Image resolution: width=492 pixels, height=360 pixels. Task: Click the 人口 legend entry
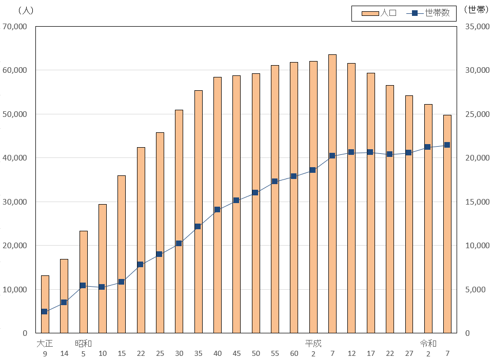click(x=379, y=13)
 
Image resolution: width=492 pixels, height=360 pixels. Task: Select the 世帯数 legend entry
click(x=428, y=13)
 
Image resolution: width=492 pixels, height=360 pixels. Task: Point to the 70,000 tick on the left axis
click(x=15, y=27)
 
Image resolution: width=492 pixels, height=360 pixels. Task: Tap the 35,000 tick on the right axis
click(x=477, y=27)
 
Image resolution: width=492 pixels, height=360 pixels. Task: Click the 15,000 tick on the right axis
click(x=477, y=202)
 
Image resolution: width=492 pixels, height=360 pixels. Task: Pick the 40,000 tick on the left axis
click(x=15, y=158)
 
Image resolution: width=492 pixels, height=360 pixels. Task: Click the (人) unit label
click(x=26, y=11)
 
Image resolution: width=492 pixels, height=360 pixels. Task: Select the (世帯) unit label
click(x=476, y=10)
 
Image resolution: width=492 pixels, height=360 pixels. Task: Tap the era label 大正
click(x=45, y=344)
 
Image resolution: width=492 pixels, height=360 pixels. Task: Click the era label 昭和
click(x=83, y=344)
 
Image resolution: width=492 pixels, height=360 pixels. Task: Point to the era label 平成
click(x=313, y=344)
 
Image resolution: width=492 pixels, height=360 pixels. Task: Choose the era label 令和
click(x=428, y=344)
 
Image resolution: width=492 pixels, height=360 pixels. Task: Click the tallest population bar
click(x=332, y=194)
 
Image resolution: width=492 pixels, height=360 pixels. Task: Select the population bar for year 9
click(x=45, y=304)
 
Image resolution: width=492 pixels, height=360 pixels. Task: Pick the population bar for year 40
click(x=218, y=205)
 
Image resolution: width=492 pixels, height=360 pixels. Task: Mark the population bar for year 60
click(x=294, y=197)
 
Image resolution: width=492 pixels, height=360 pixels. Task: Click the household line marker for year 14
click(x=64, y=302)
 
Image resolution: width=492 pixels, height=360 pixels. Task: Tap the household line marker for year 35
click(x=198, y=227)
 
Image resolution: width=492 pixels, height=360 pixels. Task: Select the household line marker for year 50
click(x=255, y=192)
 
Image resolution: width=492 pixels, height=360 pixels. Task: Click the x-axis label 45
click(x=237, y=353)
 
